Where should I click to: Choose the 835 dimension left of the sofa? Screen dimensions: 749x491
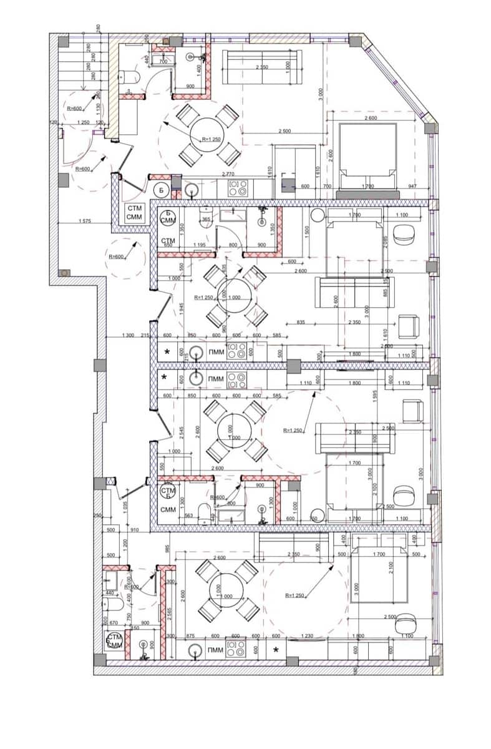(301, 322)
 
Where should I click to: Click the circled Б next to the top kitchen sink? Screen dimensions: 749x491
(161, 189)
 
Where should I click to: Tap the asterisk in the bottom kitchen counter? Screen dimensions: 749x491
(275, 650)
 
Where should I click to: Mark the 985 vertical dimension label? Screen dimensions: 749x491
(168, 549)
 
